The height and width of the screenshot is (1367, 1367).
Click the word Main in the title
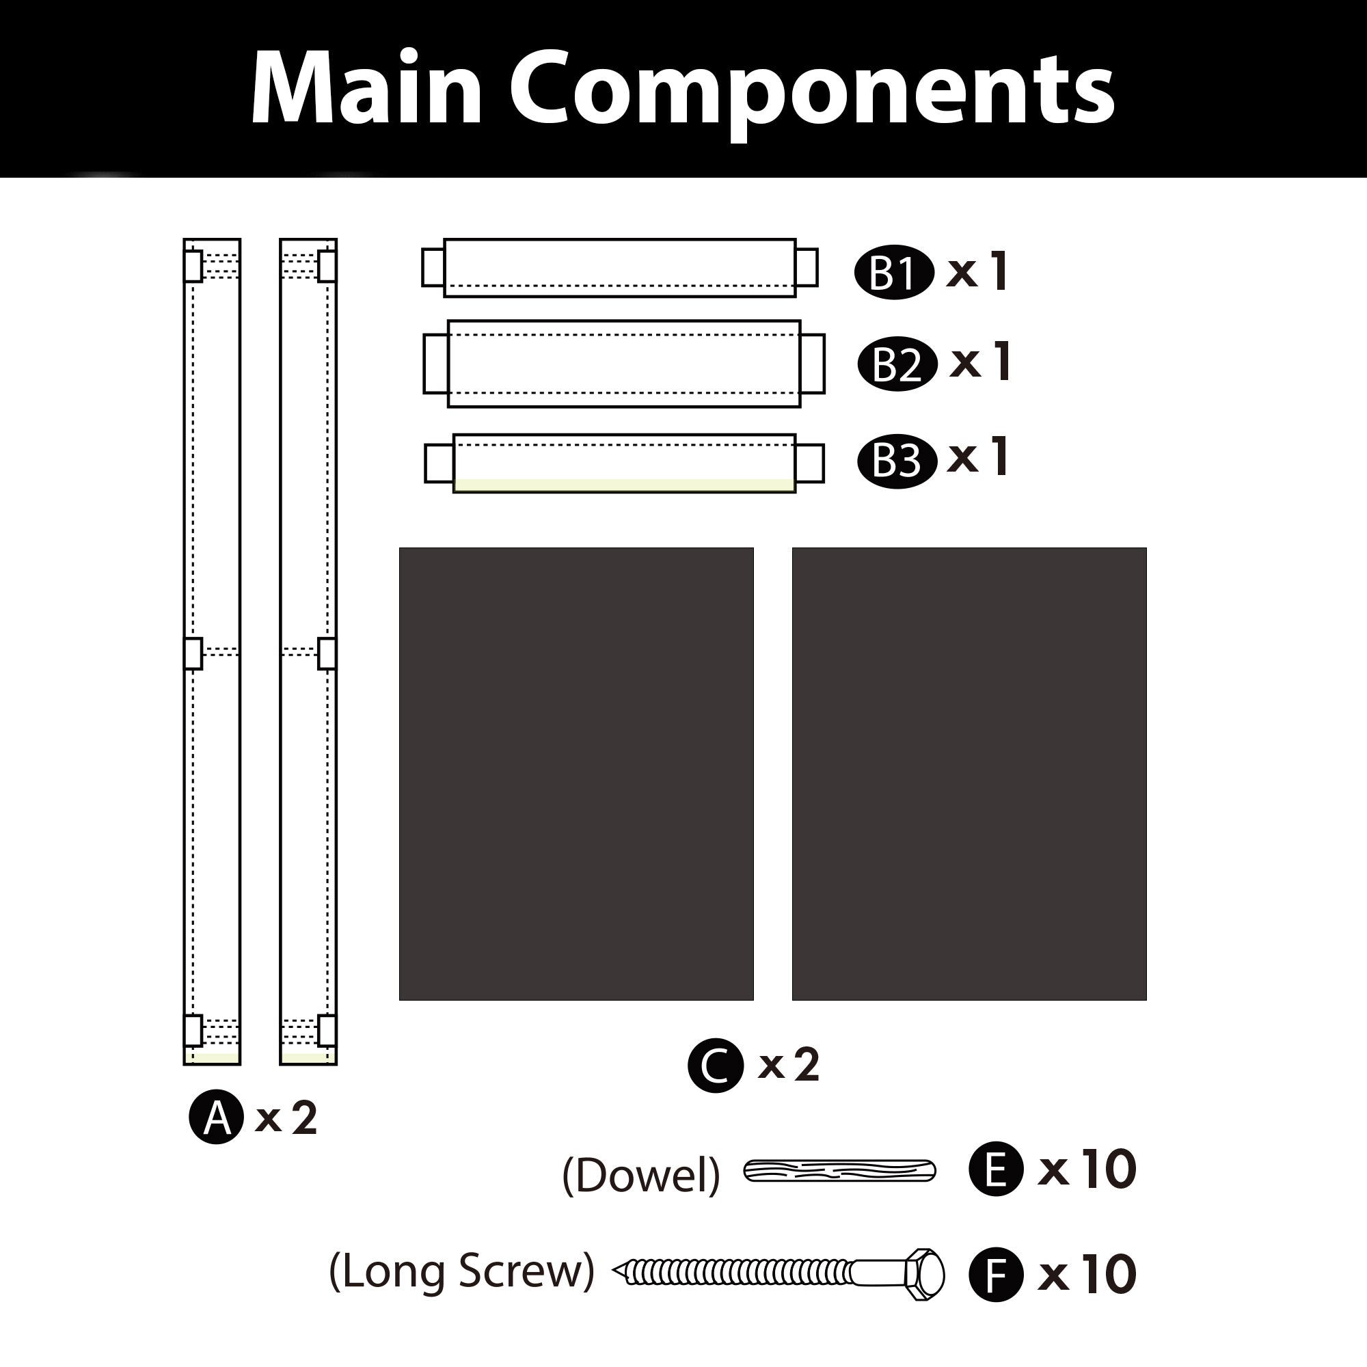click(x=366, y=88)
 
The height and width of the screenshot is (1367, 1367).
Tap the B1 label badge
click(x=893, y=273)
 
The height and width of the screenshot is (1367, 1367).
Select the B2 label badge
click(x=897, y=364)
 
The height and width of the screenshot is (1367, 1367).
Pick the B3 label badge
click(x=897, y=461)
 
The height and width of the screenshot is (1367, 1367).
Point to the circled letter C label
click(x=716, y=1065)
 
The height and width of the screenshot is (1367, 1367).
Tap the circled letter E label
click(x=996, y=1169)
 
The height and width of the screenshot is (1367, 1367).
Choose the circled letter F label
click(x=996, y=1274)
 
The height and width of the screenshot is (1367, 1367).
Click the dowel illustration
click(x=839, y=1171)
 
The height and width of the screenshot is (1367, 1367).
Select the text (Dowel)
click(x=640, y=1175)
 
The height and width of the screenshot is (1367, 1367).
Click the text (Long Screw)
click(x=461, y=1271)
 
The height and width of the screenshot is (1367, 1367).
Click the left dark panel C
click(x=576, y=773)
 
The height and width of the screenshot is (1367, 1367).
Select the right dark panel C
click(x=969, y=773)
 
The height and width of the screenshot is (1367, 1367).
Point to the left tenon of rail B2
click(x=435, y=363)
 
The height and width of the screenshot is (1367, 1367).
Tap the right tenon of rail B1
click(x=807, y=267)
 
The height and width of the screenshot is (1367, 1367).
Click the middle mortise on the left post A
click(x=193, y=653)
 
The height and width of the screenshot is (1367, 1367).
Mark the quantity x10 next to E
click(x=1086, y=1169)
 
